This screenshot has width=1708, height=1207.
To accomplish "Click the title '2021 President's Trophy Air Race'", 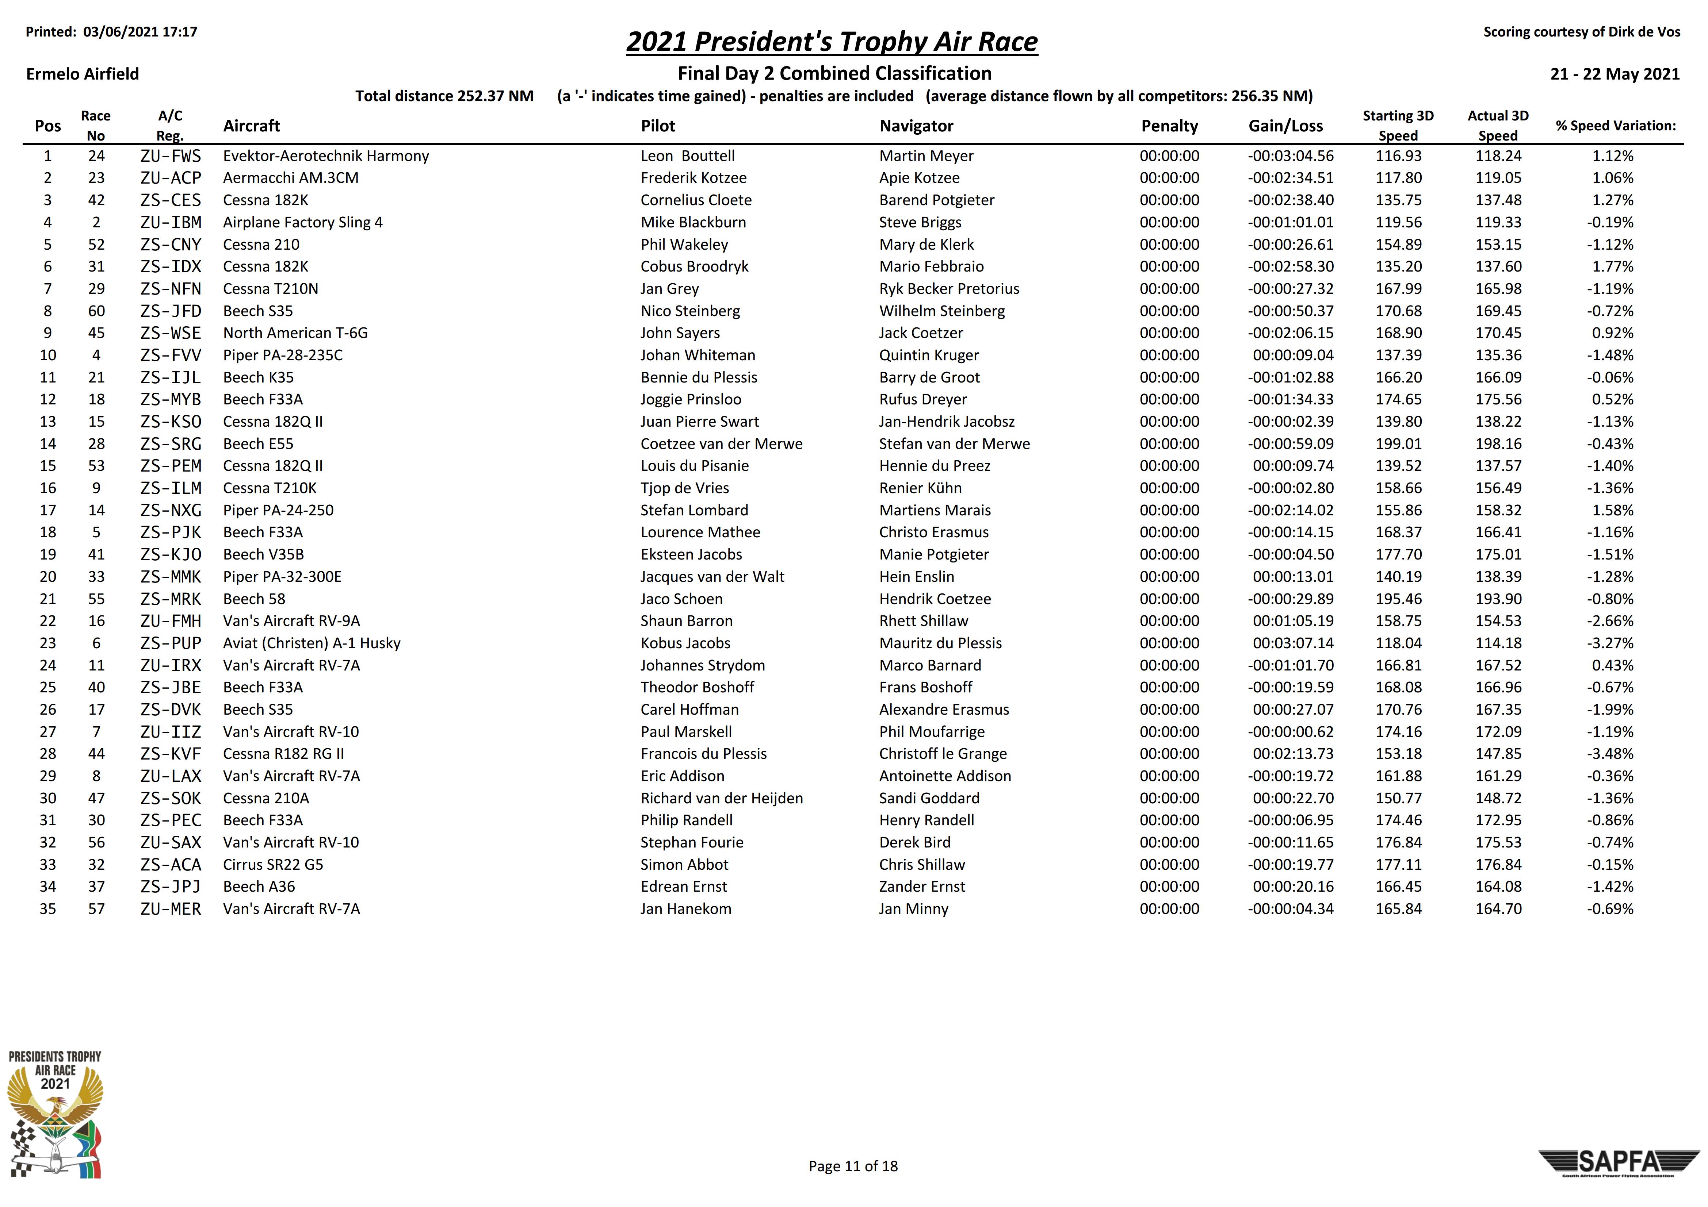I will [x=832, y=42].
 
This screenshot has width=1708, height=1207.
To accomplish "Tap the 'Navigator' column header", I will [x=916, y=126].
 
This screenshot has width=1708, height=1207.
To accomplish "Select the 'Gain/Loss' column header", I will [x=1285, y=126].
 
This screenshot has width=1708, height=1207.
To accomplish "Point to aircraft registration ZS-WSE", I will [x=170, y=333].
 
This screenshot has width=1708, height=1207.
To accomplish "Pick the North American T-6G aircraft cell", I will [x=295, y=333].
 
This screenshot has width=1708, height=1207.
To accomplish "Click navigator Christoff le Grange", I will [x=943, y=754].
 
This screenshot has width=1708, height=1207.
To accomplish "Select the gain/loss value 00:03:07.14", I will [x=1293, y=643].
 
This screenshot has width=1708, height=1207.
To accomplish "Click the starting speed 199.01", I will [x=1399, y=444].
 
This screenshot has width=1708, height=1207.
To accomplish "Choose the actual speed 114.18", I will [x=1498, y=643].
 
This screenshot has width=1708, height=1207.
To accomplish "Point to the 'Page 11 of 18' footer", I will [x=852, y=1166].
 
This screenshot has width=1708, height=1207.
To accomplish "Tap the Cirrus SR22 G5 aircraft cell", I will [x=273, y=865].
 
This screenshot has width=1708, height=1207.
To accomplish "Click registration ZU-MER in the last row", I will [x=170, y=909].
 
